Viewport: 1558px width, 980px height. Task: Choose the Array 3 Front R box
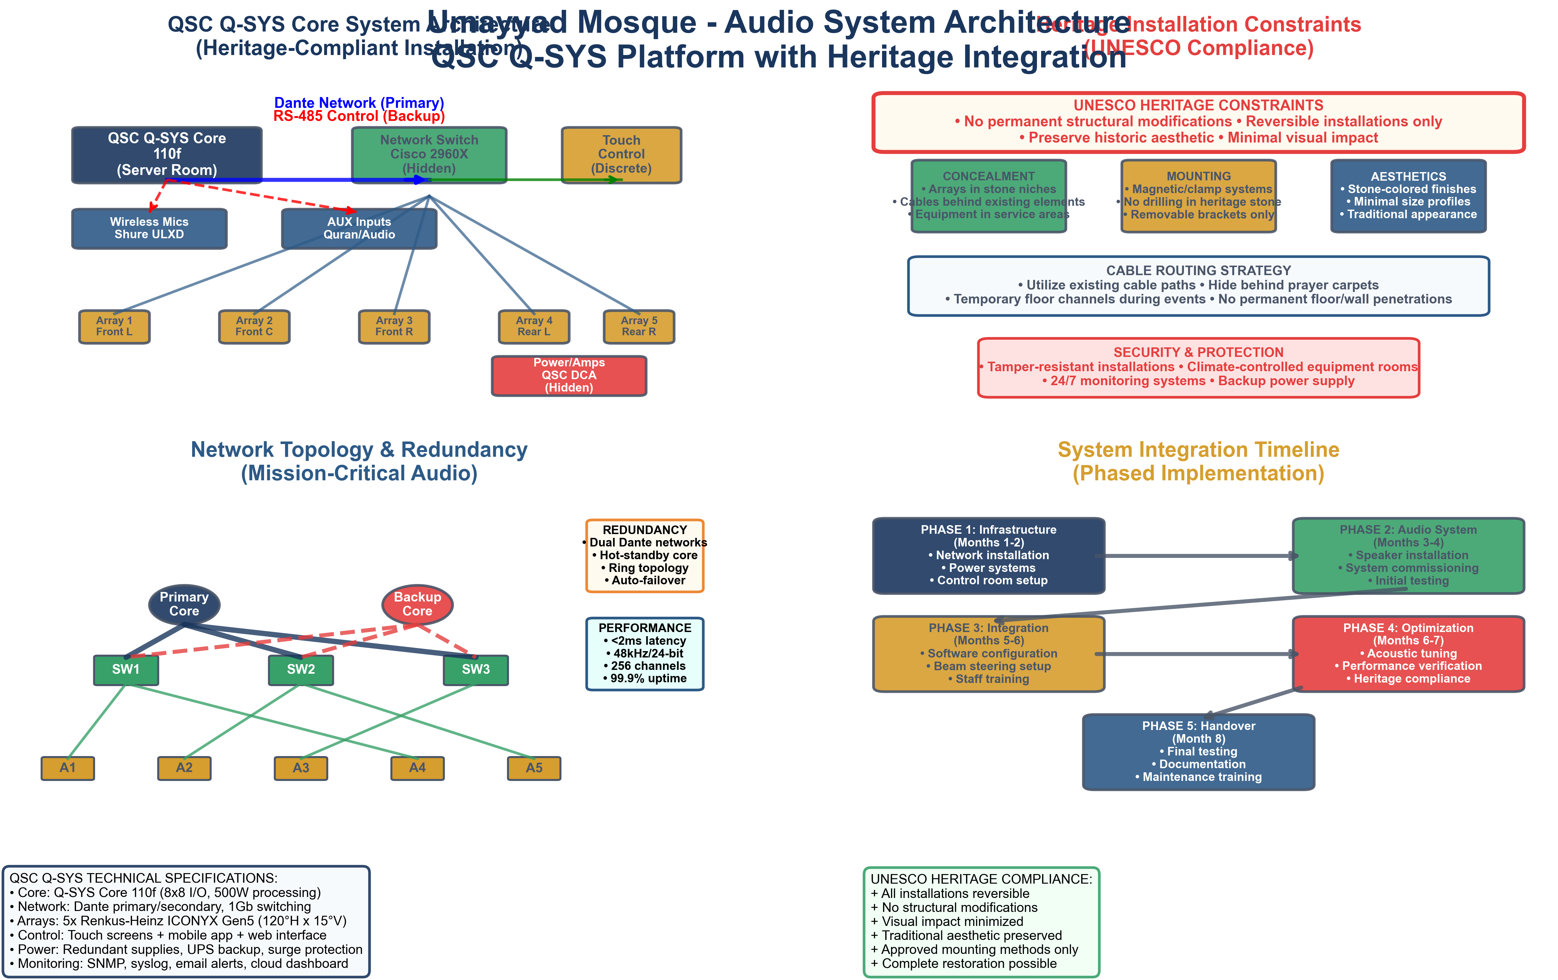pyautogui.click(x=394, y=327)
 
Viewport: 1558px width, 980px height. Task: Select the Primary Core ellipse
pyautogui.click(x=184, y=604)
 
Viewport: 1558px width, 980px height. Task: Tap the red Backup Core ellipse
pyautogui.click(x=417, y=604)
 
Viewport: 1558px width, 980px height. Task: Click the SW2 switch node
pyautogui.click(x=301, y=670)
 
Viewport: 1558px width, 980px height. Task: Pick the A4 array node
pyautogui.click(x=417, y=768)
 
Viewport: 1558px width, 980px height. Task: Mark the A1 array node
pyautogui.click(x=68, y=768)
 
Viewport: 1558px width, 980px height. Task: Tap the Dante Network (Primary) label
pyautogui.click(x=359, y=103)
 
